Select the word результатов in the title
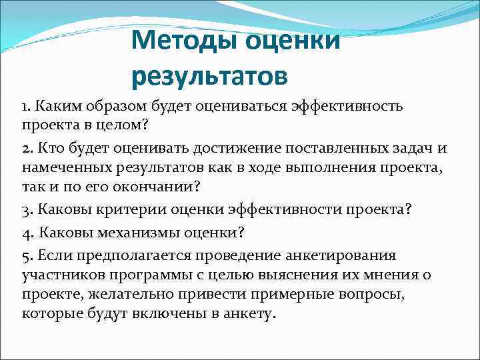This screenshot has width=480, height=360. pos(210,76)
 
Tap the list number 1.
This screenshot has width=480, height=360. pos(25,107)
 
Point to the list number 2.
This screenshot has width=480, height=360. pos(25,149)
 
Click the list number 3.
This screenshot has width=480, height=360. pos(25,210)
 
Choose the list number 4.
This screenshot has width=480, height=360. pos(25,233)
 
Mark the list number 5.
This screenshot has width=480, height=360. pos(25,255)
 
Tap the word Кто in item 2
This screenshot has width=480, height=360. pos(49,149)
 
